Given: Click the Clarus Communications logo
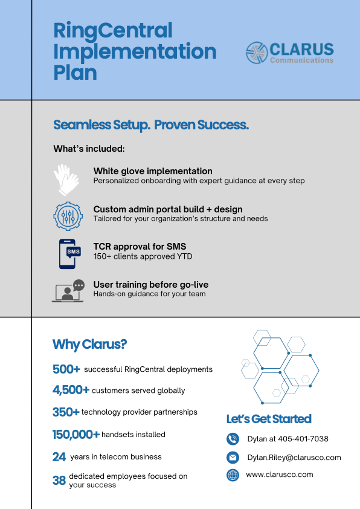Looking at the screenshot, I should [x=289, y=53].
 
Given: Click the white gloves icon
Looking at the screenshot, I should [x=66, y=179].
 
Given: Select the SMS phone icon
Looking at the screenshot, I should [x=69, y=253].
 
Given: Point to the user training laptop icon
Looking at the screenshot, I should [x=68, y=291].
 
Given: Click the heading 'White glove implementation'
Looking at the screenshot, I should [x=153, y=171].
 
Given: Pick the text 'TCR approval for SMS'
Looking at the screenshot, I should [x=140, y=246].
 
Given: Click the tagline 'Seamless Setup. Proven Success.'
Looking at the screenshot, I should [x=151, y=125].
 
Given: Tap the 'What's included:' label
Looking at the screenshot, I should [x=89, y=149].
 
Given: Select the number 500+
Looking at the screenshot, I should [x=66, y=369].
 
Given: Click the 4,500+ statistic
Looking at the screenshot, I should [x=71, y=390].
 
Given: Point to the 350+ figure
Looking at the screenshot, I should [x=66, y=412].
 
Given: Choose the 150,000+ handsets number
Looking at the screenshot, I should [x=76, y=434].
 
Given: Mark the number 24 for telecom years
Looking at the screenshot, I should [x=59, y=457].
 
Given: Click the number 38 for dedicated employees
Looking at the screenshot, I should [x=59, y=481].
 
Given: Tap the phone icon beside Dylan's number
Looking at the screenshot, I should [x=233, y=439].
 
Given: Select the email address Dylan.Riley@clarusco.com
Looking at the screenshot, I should [x=294, y=458].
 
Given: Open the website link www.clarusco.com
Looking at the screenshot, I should [x=280, y=475].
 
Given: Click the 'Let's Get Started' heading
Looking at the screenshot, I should [x=269, y=419].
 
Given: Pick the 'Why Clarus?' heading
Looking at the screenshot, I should [x=89, y=345].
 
